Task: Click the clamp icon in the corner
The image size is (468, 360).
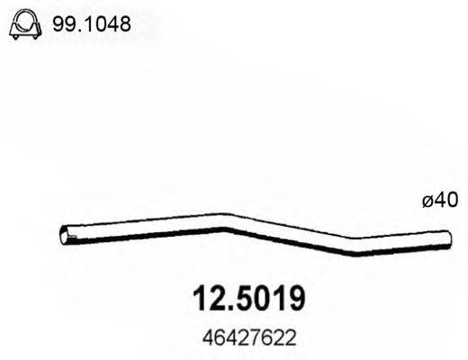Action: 24,28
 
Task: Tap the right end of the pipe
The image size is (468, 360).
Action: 446,237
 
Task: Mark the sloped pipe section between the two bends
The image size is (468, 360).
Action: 288,233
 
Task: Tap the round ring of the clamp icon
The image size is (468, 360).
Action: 24,25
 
